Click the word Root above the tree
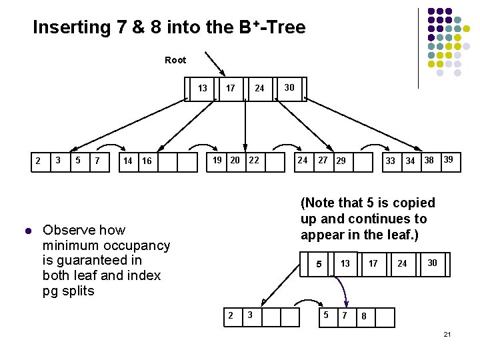click(x=175, y=60)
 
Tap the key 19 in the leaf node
click(x=217, y=160)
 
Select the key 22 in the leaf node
click(x=253, y=160)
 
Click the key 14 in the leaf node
click(x=128, y=161)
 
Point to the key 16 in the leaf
click(x=147, y=161)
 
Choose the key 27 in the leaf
click(x=323, y=160)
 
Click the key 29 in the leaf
click(x=341, y=161)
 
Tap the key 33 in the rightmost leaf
click(x=391, y=161)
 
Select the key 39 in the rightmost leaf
click(x=449, y=160)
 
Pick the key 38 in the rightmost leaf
click(x=429, y=160)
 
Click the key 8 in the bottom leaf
click(x=365, y=317)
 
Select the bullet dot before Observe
click(x=27, y=231)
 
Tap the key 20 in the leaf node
click(x=235, y=160)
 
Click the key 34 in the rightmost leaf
click(x=410, y=161)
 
